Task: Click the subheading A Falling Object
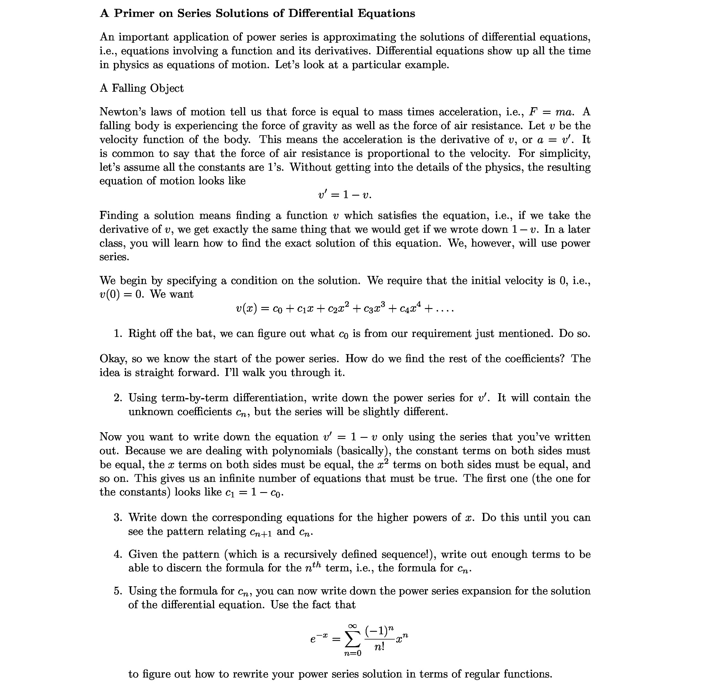tap(141, 88)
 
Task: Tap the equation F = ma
tap(551, 112)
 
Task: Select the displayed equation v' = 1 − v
tap(344, 195)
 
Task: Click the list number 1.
tap(118, 334)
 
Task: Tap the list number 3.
tap(118, 518)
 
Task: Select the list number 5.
tap(118, 591)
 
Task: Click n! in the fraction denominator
tap(379, 647)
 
